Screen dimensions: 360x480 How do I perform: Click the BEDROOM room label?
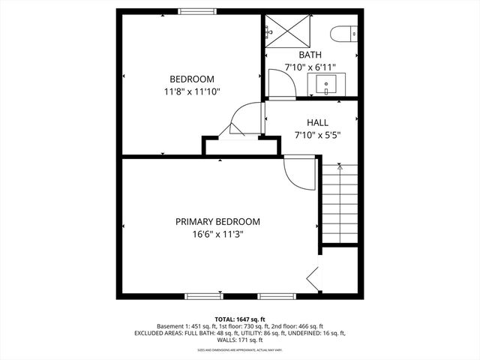point(192,79)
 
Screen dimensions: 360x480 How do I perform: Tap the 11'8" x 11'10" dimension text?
point(192,91)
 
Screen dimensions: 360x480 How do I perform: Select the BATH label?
point(310,55)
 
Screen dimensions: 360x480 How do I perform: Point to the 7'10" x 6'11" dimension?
point(310,67)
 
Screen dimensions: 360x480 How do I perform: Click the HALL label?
point(317,122)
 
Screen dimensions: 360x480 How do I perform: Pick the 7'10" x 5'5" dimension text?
point(317,135)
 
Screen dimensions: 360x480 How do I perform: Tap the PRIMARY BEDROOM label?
point(217,221)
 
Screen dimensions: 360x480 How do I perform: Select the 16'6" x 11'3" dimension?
point(217,234)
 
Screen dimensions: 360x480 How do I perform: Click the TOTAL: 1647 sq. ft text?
point(240,319)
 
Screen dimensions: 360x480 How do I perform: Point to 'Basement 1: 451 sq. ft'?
point(184,326)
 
